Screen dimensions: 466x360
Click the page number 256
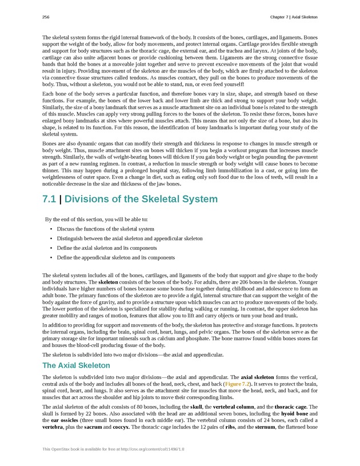46,17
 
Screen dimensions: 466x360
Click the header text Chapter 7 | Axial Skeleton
294,17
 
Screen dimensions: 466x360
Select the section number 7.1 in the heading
49,199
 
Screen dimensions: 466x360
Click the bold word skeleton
108,282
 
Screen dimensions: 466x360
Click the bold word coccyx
125,427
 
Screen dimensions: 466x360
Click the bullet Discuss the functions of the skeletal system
106,229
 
